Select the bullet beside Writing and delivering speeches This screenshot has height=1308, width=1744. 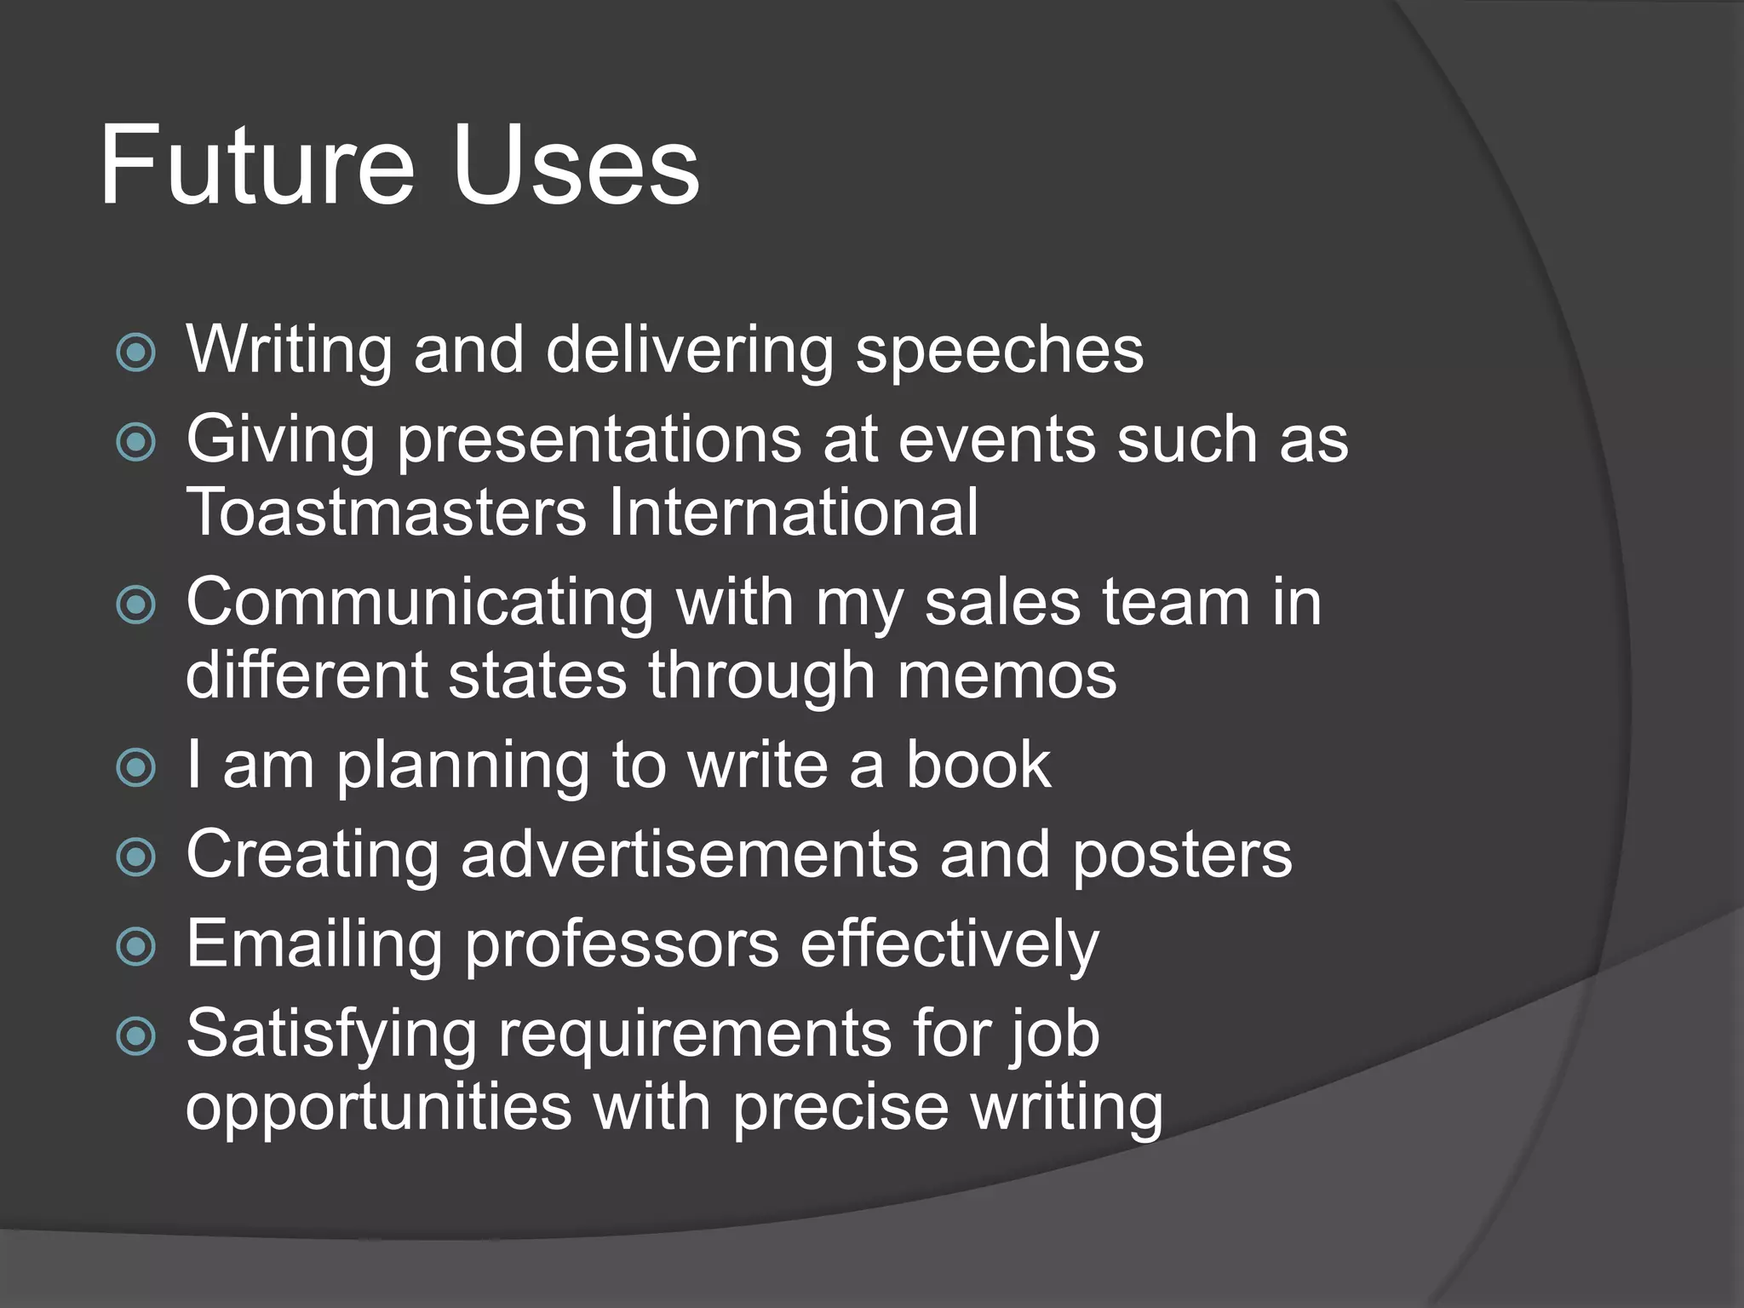point(136,353)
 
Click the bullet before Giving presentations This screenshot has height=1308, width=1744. point(136,442)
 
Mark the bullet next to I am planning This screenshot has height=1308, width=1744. point(136,767)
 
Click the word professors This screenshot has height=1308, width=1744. point(622,945)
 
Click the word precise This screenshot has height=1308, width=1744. point(840,1107)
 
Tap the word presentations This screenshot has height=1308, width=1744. point(599,441)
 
